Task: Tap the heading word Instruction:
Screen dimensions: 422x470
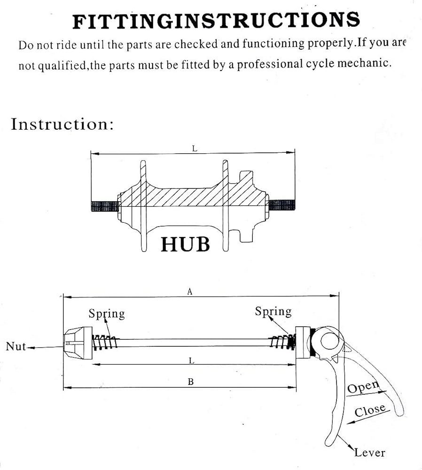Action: [x=63, y=124]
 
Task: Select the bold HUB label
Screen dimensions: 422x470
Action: [x=185, y=244]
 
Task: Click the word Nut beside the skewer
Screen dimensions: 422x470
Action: [x=16, y=346]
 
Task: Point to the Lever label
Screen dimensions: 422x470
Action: [x=369, y=453]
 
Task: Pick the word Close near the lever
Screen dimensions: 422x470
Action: [x=370, y=410]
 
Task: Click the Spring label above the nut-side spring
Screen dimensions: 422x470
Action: [x=107, y=314]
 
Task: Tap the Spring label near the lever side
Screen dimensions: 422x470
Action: [x=273, y=312]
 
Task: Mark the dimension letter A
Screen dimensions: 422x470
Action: [x=190, y=292]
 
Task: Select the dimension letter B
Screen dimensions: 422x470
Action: [x=191, y=382]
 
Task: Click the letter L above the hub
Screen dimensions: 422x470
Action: [x=195, y=149]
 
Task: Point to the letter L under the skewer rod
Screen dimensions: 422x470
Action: [x=192, y=360]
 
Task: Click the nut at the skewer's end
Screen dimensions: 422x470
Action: [x=78, y=343]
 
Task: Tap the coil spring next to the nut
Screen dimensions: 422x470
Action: [x=104, y=343]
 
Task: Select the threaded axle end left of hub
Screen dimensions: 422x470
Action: [x=104, y=206]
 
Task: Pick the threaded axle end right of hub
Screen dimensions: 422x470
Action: [x=282, y=205]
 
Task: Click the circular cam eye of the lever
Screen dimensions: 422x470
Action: [x=330, y=341]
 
